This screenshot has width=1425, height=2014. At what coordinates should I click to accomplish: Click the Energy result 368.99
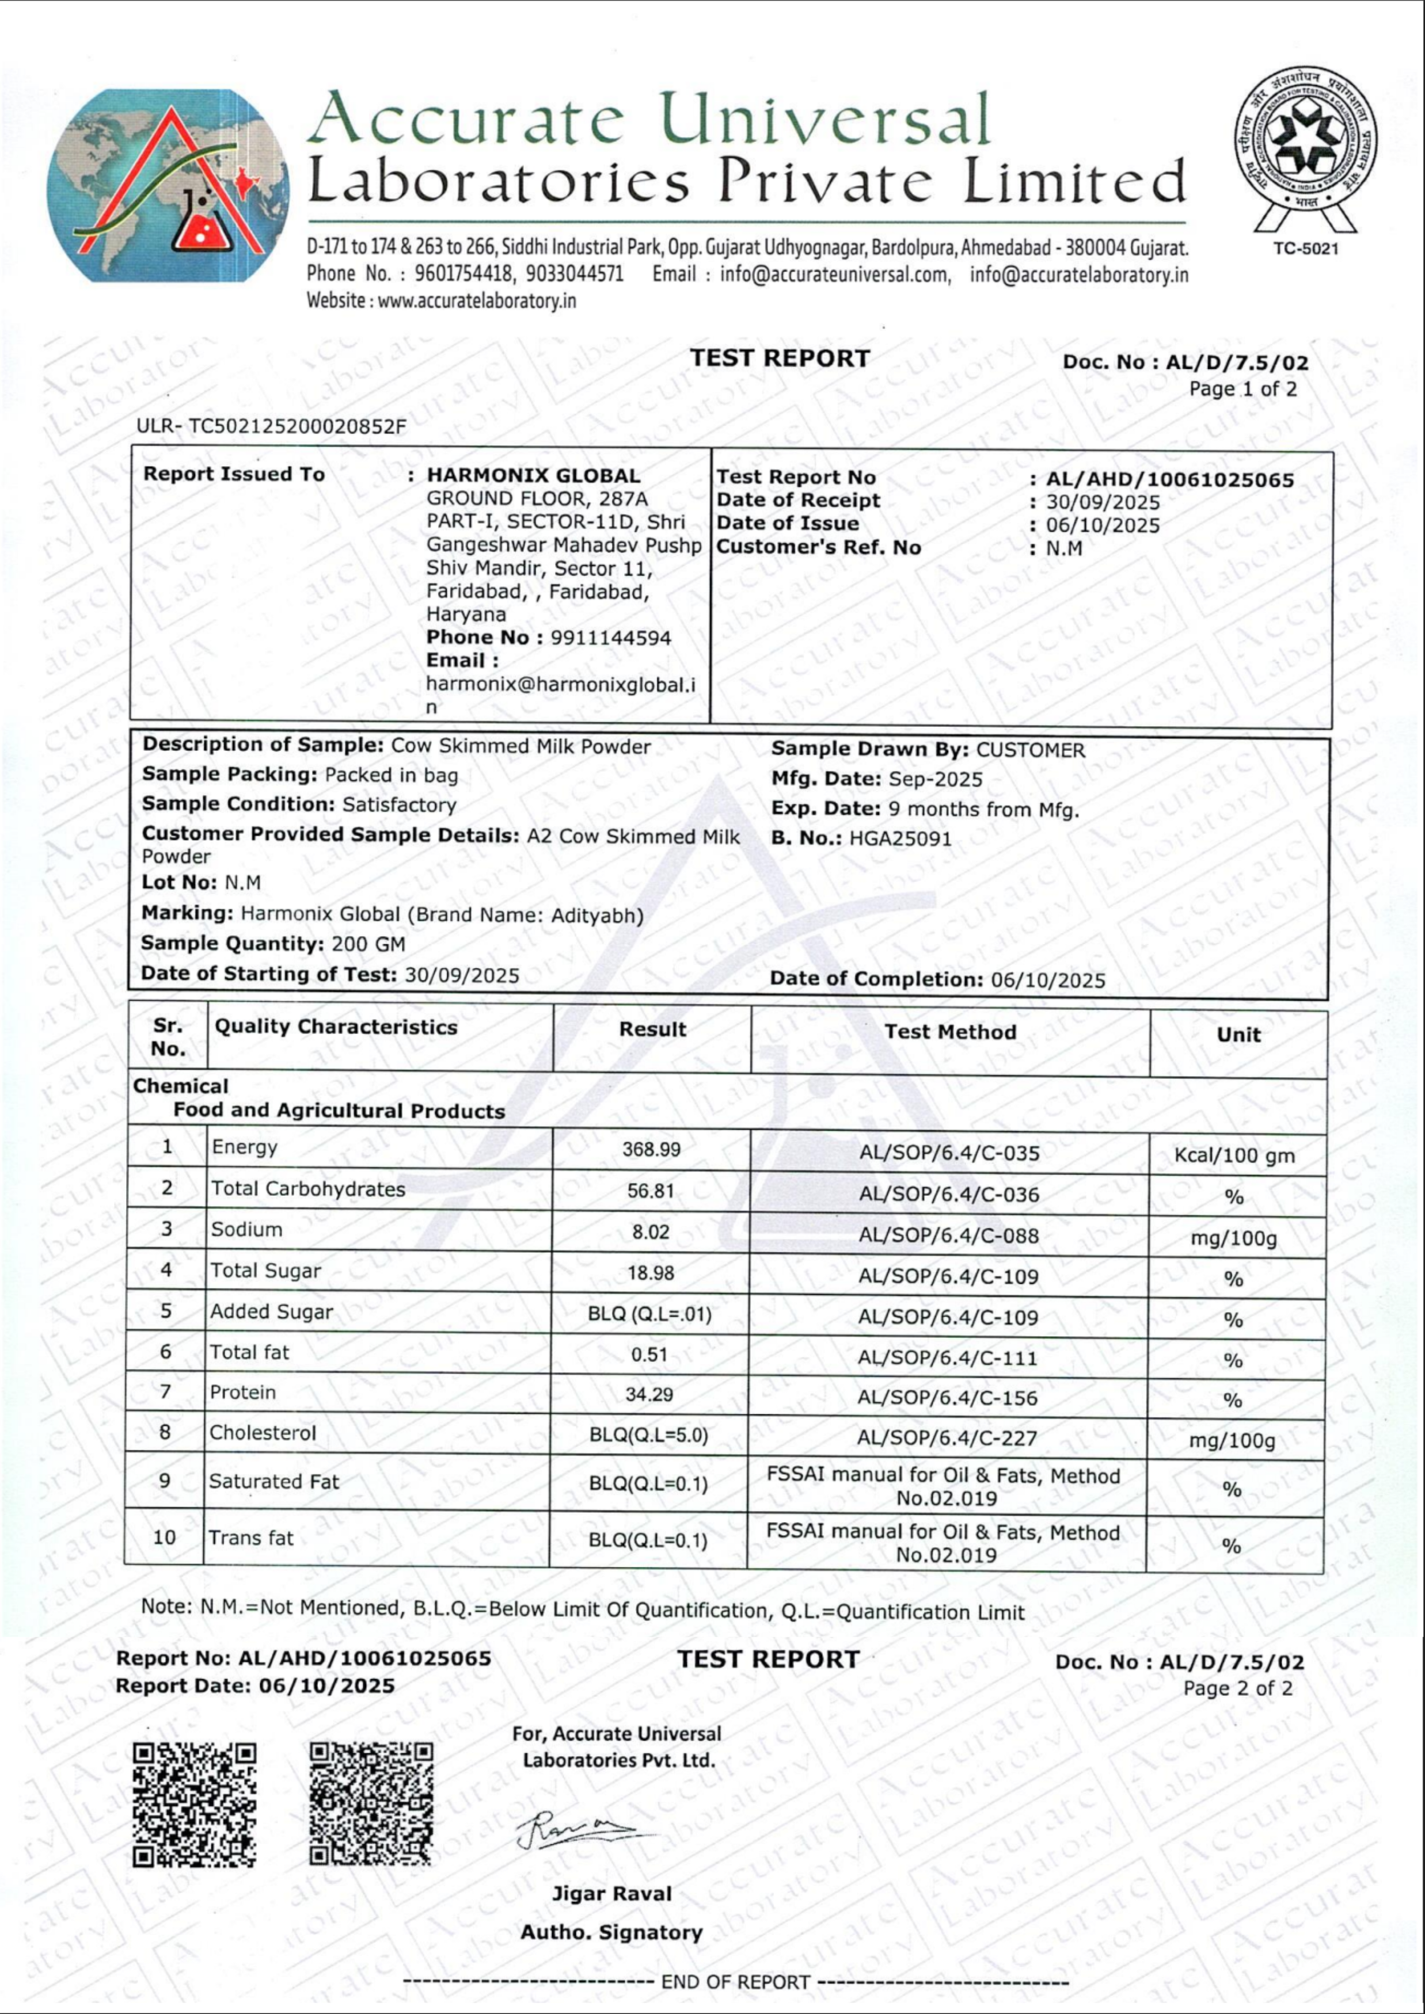[x=651, y=1149]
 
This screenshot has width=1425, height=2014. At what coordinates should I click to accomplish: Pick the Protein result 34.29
[x=650, y=1394]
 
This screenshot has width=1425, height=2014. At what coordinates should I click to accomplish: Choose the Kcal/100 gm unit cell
[x=1234, y=1155]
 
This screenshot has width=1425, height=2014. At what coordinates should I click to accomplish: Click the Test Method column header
[x=951, y=1032]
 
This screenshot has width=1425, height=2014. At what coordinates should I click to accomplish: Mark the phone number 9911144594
[x=611, y=638]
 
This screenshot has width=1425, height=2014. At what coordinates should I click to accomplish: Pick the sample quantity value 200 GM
[x=368, y=944]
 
